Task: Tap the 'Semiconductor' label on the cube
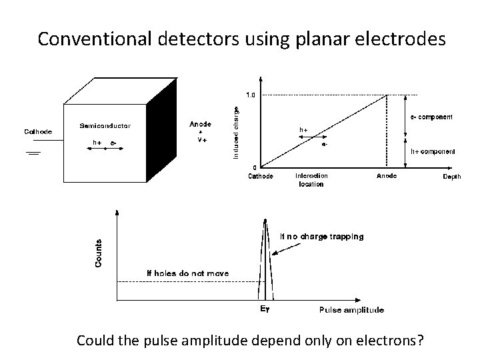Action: click(x=105, y=125)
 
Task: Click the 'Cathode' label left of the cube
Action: click(x=39, y=131)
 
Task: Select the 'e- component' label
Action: click(x=431, y=117)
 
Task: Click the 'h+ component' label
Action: click(x=432, y=151)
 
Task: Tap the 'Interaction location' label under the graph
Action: click(x=311, y=180)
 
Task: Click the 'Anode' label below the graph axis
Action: click(x=387, y=177)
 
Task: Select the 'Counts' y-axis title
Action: click(x=99, y=253)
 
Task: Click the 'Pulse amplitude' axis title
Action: click(x=351, y=309)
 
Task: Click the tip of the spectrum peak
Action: click(x=265, y=220)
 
